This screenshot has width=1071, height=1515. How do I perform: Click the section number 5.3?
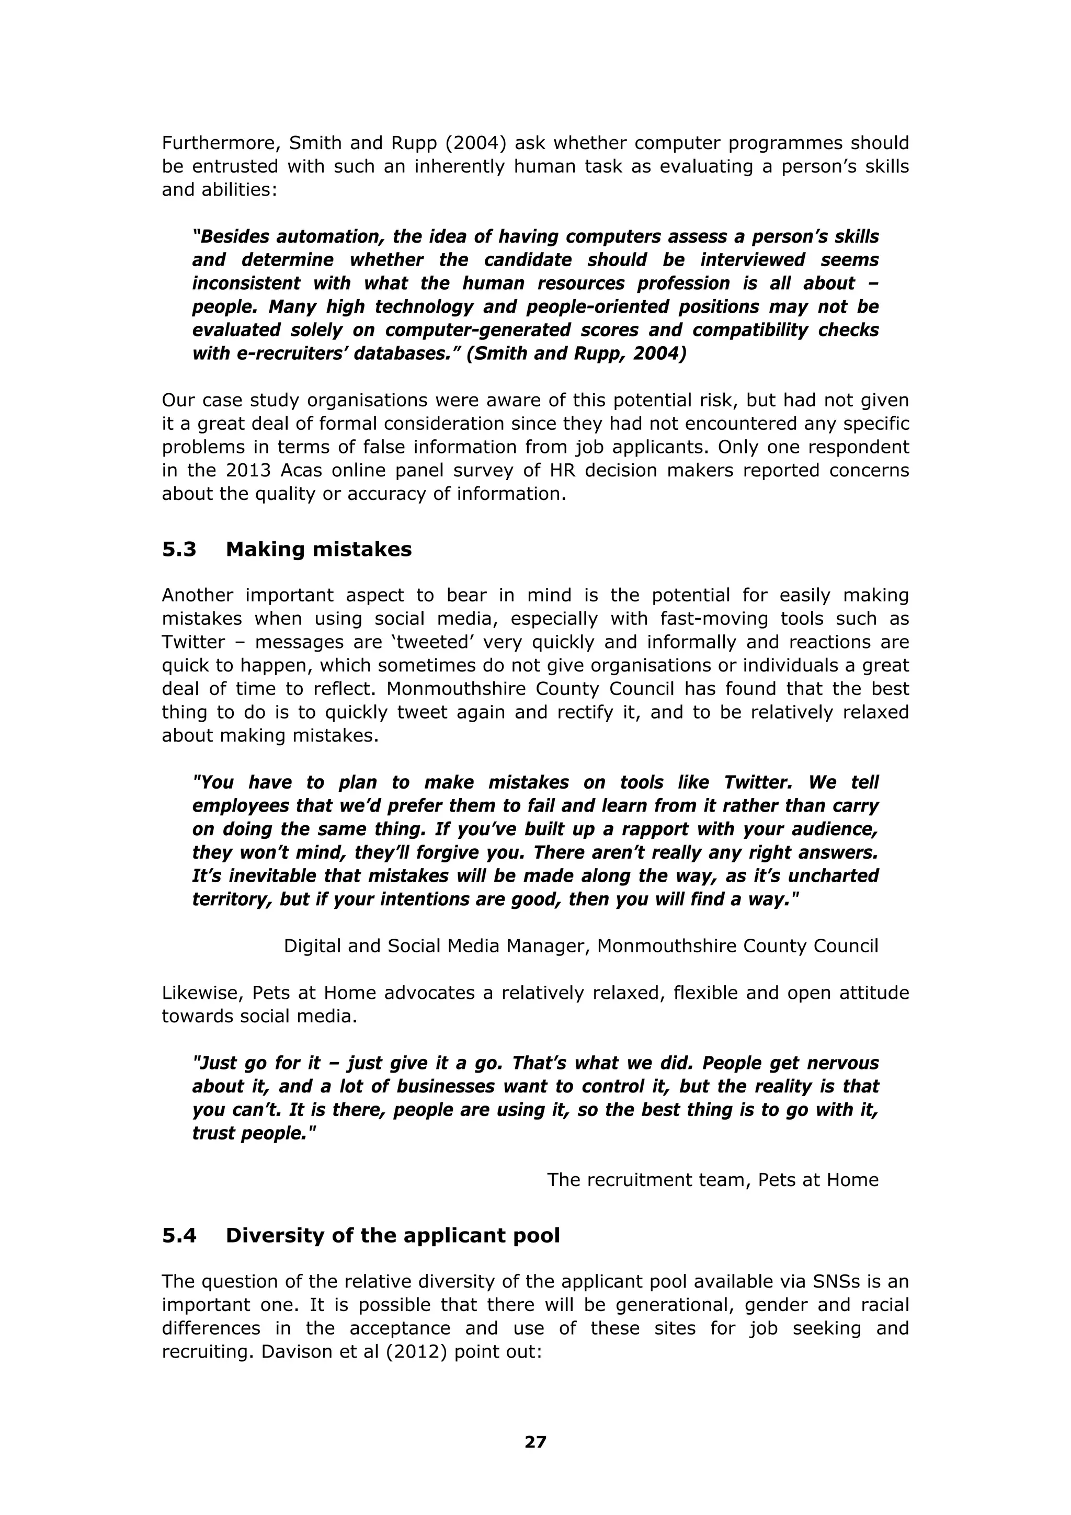(x=179, y=549)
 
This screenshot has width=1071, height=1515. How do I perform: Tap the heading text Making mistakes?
(x=318, y=549)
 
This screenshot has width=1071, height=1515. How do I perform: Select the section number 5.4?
(x=179, y=1236)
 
